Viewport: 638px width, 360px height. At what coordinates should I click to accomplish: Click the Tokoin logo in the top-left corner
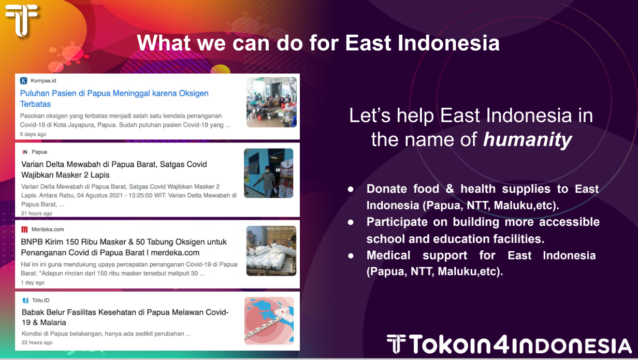point(22,20)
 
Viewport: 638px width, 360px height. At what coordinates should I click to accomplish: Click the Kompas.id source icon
point(24,81)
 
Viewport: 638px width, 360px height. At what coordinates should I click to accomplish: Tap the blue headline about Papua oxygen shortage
point(114,98)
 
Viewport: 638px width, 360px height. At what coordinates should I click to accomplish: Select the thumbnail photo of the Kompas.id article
point(271,102)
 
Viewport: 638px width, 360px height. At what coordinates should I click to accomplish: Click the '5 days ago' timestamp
point(33,134)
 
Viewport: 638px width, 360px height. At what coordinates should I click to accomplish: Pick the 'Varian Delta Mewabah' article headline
point(114,169)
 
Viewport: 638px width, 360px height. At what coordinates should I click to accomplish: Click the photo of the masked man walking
point(269,173)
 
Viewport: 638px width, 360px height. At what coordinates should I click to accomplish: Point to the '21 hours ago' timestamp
point(36,213)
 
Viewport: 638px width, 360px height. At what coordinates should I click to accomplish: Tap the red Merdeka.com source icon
point(24,229)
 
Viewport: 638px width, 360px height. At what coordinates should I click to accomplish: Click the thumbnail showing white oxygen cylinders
point(271,251)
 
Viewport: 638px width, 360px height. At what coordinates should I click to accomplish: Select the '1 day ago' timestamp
point(33,282)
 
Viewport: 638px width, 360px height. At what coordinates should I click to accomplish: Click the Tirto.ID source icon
point(25,300)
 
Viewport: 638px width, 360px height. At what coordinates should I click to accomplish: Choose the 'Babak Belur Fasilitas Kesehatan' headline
point(125,318)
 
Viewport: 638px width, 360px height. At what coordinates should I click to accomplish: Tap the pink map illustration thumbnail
point(269,321)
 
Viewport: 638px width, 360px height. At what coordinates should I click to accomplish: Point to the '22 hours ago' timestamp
point(37,342)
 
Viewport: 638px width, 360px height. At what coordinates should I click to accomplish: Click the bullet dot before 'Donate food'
point(351,190)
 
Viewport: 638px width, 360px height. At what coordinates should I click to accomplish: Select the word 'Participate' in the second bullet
point(397,222)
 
